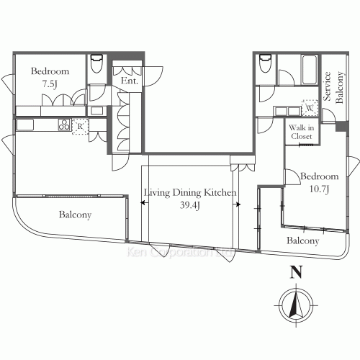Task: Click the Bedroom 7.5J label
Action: pos(50,78)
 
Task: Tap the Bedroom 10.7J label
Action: pos(319,182)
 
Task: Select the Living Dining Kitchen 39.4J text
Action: pos(190,199)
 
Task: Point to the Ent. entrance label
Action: pos(130,81)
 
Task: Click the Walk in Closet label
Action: pos(301,132)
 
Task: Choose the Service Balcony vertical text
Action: pos(333,89)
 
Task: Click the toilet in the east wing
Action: pos(265,63)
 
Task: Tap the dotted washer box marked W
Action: pos(309,107)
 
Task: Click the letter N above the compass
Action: pos(294,273)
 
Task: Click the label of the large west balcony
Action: pos(76,215)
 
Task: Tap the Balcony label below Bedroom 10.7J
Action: pos(302,240)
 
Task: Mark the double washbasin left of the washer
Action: pos(285,110)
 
